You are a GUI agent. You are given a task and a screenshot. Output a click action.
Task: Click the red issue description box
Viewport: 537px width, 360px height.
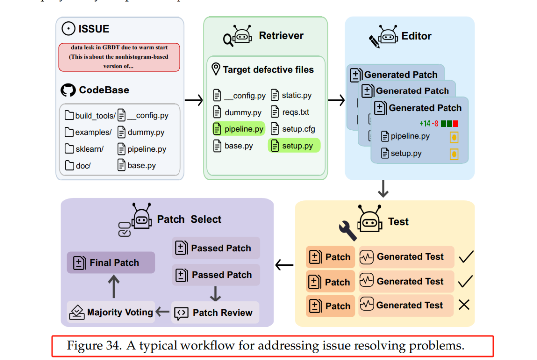119,57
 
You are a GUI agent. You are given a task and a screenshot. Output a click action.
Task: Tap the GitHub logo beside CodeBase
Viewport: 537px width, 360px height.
68,90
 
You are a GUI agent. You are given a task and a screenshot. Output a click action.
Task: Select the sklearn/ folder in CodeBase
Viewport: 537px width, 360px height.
89,149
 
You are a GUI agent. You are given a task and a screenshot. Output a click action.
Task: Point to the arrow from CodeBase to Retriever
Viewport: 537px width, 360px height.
194,101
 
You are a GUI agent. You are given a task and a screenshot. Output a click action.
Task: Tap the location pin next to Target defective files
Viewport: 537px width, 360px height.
216,69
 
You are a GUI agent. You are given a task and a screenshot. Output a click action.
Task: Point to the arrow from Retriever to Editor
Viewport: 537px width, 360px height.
337,101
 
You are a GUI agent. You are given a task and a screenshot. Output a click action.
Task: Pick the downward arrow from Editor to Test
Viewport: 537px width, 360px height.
383,189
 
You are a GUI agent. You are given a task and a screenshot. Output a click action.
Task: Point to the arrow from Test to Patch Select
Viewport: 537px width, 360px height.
284,265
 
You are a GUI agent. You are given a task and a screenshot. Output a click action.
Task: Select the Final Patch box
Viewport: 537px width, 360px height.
111,263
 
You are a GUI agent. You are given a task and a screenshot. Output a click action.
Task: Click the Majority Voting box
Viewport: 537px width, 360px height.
111,312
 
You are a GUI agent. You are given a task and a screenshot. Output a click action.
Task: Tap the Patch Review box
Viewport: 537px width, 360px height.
215,313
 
